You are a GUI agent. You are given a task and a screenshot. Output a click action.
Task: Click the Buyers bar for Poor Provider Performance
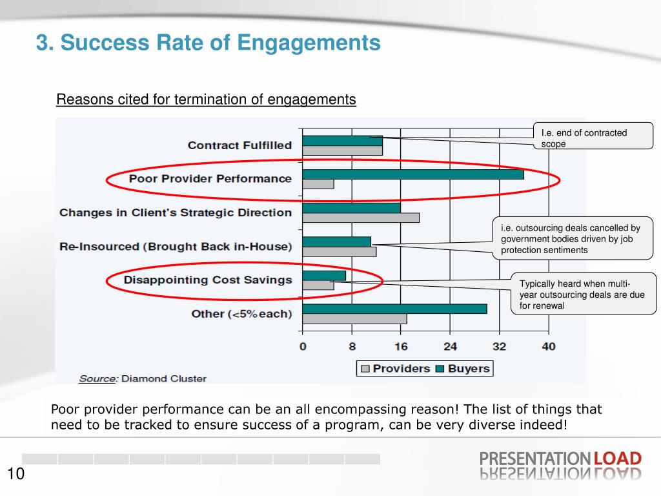pyautogui.click(x=413, y=174)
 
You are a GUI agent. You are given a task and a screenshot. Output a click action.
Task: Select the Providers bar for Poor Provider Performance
pyautogui.click(x=318, y=184)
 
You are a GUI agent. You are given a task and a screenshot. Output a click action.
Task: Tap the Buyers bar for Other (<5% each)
pyautogui.click(x=394, y=309)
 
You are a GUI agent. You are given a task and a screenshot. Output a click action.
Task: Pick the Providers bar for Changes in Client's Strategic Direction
pyautogui.click(x=361, y=218)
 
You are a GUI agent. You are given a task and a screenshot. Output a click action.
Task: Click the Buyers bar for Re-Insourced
pyautogui.click(x=336, y=242)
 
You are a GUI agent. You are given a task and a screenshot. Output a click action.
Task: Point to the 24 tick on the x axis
pyautogui.click(x=450, y=347)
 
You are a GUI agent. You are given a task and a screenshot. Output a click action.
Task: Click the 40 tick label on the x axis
pyautogui.click(x=548, y=347)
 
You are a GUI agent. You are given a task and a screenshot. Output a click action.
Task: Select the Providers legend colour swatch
pyautogui.click(x=365, y=369)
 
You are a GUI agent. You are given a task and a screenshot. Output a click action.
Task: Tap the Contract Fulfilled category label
pyautogui.click(x=239, y=145)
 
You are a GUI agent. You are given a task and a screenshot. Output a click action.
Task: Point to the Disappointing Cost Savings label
pyautogui.click(x=208, y=280)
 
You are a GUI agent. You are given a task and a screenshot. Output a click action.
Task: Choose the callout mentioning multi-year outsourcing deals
pyautogui.click(x=584, y=294)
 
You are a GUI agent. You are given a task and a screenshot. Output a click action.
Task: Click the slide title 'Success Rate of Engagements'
pyautogui.click(x=208, y=43)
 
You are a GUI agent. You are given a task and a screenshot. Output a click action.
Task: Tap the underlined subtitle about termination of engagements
pyautogui.click(x=206, y=99)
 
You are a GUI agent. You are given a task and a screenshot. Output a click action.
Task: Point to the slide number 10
pyautogui.click(x=16, y=475)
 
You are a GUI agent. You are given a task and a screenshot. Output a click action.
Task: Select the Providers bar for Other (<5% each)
pyautogui.click(x=354, y=318)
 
